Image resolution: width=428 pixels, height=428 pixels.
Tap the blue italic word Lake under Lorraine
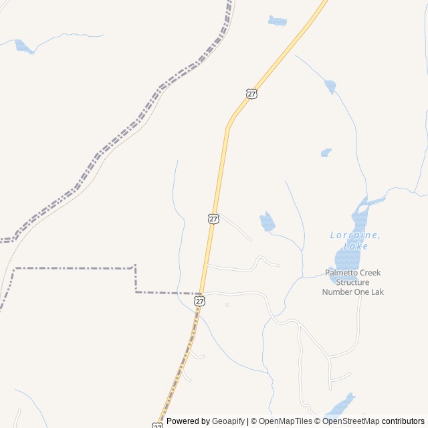pyautogui.click(x=355, y=246)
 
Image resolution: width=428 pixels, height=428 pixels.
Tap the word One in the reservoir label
pyautogui.click(x=362, y=292)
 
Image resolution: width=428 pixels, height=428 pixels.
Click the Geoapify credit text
pyautogui.click(x=228, y=421)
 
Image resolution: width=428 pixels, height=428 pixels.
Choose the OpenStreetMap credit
pyautogui.click(x=351, y=421)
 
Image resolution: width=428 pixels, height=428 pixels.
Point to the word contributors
pyautogui.click(x=403, y=421)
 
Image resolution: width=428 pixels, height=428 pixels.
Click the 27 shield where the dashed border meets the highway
pyautogui.click(x=200, y=302)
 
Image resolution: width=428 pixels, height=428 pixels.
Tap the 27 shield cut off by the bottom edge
pyautogui.click(x=157, y=425)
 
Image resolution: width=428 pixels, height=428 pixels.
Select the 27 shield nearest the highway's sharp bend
pyautogui.click(x=251, y=94)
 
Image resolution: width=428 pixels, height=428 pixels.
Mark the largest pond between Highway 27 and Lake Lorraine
pyautogui.click(x=267, y=222)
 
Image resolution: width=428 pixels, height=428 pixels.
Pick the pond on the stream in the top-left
pyautogui.click(x=24, y=47)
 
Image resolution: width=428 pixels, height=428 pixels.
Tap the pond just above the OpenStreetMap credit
pyautogui.click(x=341, y=405)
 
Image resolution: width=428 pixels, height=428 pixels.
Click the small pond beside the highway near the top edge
pyautogui.click(x=277, y=21)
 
